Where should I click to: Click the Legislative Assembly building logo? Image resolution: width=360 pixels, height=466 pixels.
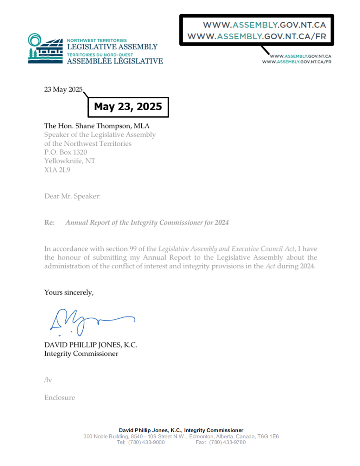coord(45,49)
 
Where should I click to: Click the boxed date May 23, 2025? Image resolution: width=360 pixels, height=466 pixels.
coord(128,107)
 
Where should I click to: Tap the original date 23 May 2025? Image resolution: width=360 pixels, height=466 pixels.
coord(63,90)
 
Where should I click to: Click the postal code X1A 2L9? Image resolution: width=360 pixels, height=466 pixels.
coord(57,170)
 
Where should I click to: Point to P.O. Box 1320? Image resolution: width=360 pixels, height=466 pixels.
coord(65,152)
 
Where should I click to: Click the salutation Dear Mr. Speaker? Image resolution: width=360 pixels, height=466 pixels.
coord(72,196)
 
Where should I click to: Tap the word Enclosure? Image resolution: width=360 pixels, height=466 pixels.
coord(60,398)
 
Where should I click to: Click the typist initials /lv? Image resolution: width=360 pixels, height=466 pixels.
coord(48,380)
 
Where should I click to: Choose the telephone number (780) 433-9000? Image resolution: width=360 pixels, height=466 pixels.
coord(146,442)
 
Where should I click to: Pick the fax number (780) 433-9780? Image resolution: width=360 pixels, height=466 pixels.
coord(227,442)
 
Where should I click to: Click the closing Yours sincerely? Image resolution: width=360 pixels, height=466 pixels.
coord(69,293)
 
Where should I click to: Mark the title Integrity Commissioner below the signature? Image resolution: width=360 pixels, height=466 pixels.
coord(81,354)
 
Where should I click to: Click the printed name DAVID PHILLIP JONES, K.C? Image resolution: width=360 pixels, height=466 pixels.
coord(91,345)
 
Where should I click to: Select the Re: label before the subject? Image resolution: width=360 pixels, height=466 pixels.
coord(49,223)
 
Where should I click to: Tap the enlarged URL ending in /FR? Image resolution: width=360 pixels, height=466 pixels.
coord(257,36)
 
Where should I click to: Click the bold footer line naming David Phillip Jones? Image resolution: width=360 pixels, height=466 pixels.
coord(181,430)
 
